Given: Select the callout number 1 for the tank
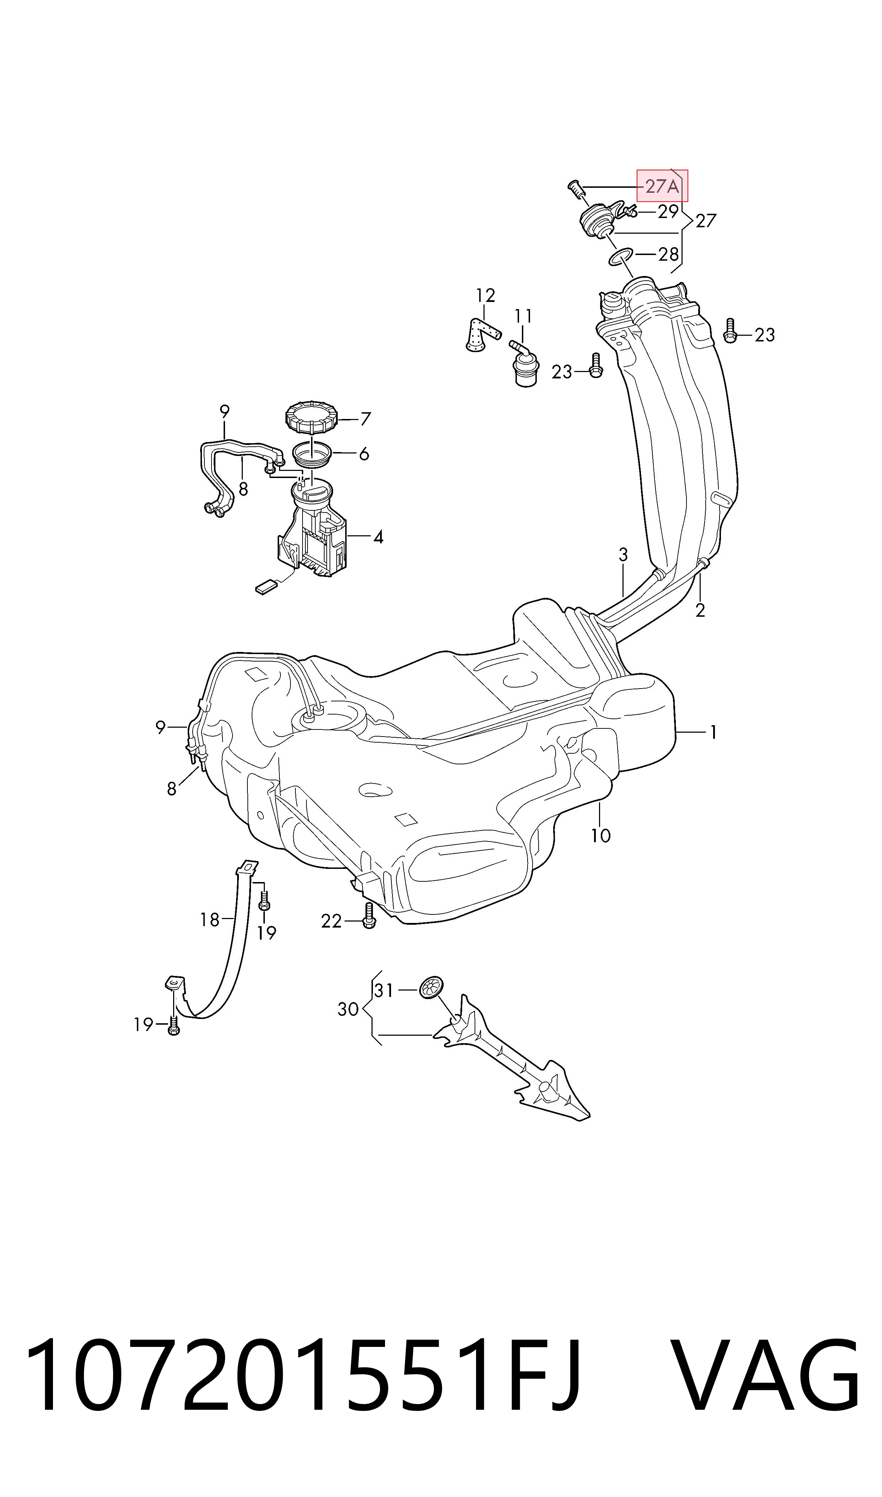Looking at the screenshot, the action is point(713,732).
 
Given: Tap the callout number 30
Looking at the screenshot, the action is point(348,1009).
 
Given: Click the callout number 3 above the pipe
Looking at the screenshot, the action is point(623,555).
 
